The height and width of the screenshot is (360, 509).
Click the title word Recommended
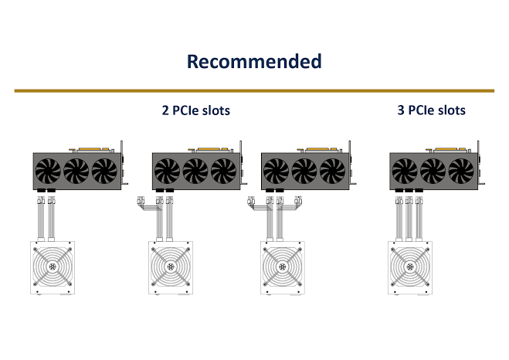[254, 62]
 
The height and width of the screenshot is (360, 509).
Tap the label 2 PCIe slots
[196, 110]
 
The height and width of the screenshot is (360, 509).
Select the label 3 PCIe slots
[431, 110]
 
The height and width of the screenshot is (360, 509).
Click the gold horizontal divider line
[254, 90]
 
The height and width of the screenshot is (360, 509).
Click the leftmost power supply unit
[53, 269]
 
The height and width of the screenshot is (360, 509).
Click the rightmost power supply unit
[410, 269]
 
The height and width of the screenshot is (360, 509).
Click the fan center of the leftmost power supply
[53, 267]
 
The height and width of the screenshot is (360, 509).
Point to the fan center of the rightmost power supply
[410, 267]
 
